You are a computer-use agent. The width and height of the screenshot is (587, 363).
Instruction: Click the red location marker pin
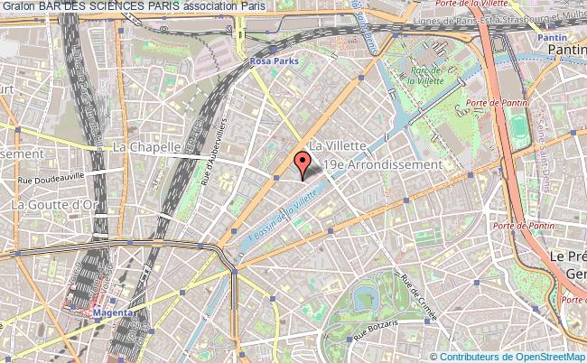(303, 164)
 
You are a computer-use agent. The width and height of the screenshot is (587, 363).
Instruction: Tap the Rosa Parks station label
(274, 61)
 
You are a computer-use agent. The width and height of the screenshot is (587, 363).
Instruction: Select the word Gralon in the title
(18, 6)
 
